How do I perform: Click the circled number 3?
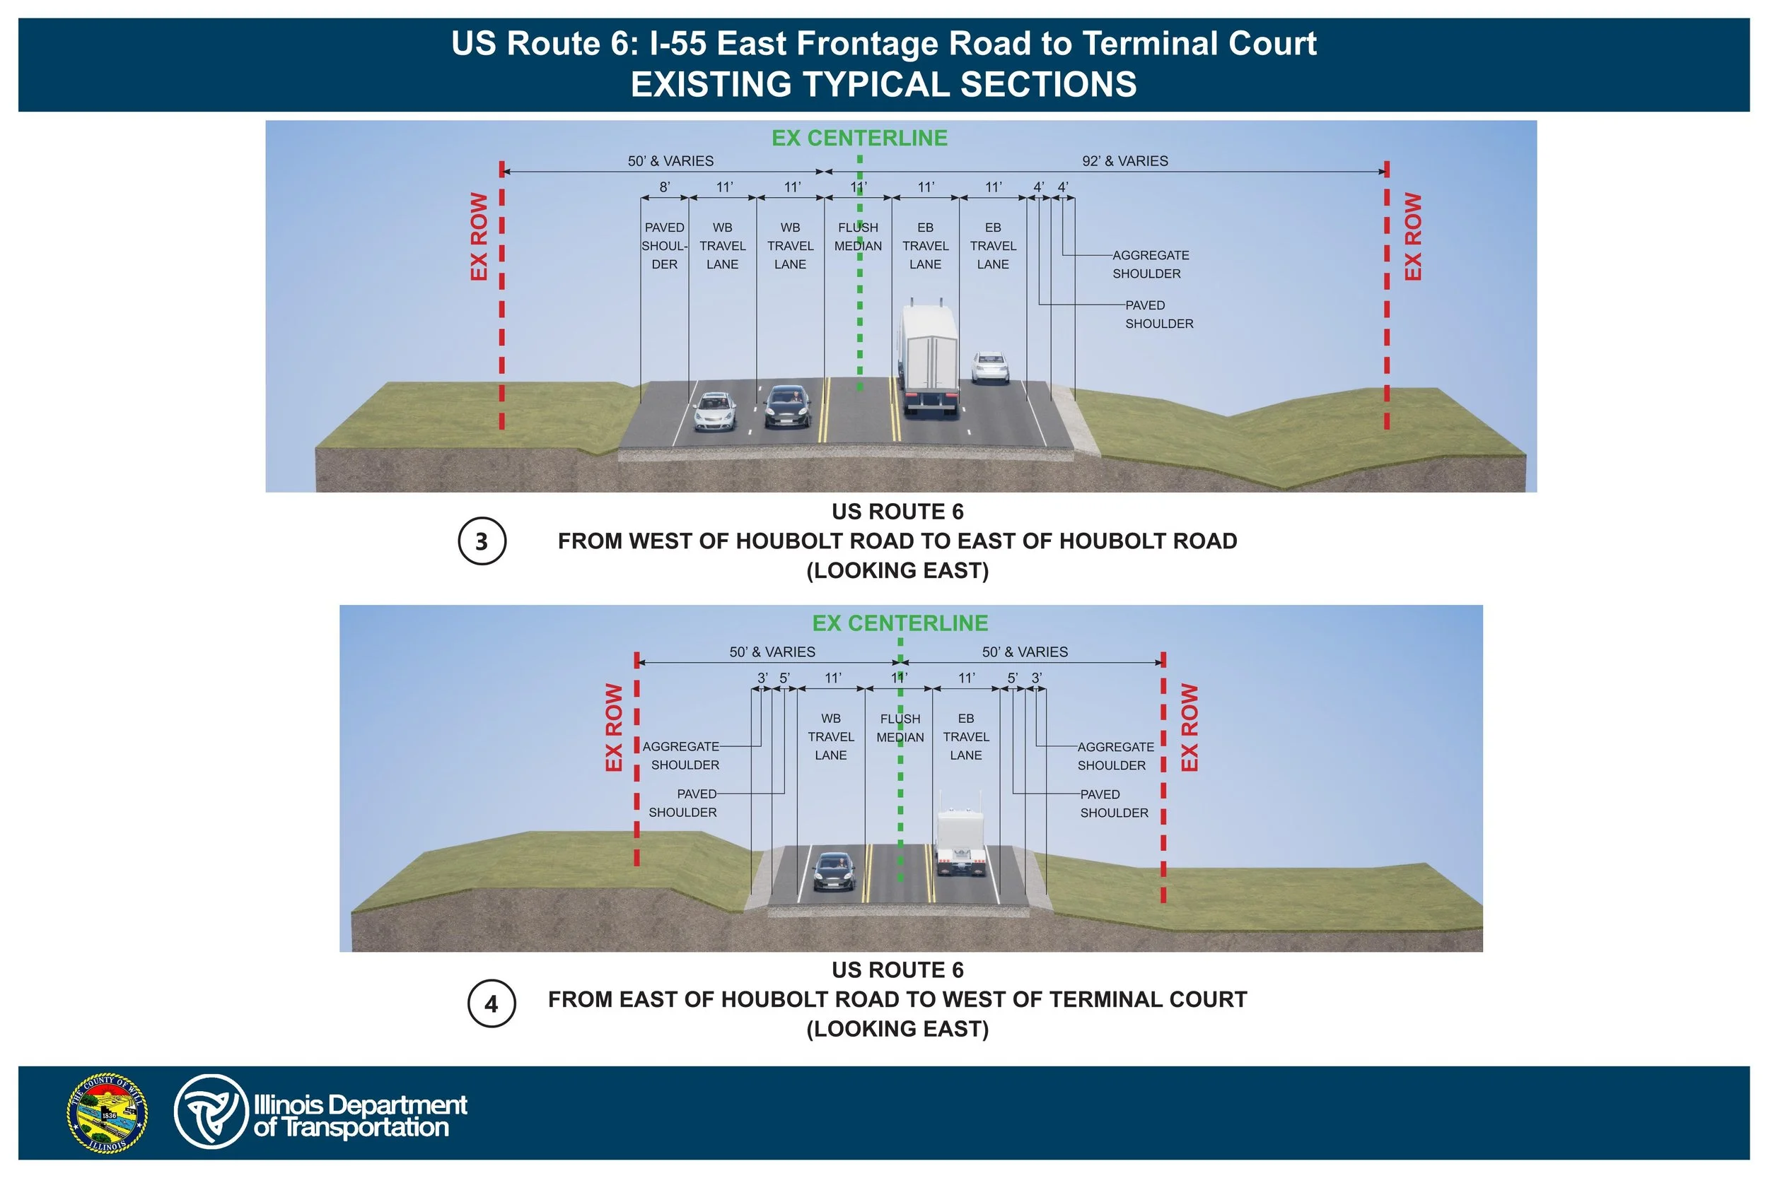[482, 541]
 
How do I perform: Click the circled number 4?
[492, 1003]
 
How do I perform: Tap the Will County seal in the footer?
[107, 1113]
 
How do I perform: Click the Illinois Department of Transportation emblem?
[211, 1112]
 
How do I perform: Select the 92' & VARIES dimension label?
[1124, 161]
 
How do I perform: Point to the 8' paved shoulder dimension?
[665, 187]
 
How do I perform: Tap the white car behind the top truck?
[990, 368]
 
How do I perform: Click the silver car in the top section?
[715, 412]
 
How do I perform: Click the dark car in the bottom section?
[834, 871]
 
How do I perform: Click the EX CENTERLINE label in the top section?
[859, 139]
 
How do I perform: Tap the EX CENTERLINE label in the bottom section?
[900, 623]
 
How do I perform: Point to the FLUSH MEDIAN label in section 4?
[900, 728]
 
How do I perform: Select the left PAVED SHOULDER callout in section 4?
[682, 803]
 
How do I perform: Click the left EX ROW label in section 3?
[479, 237]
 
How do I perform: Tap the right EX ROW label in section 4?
[1188, 726]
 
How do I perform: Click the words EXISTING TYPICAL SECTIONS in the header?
[883, 84]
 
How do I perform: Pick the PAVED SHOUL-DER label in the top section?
[665, 246]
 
